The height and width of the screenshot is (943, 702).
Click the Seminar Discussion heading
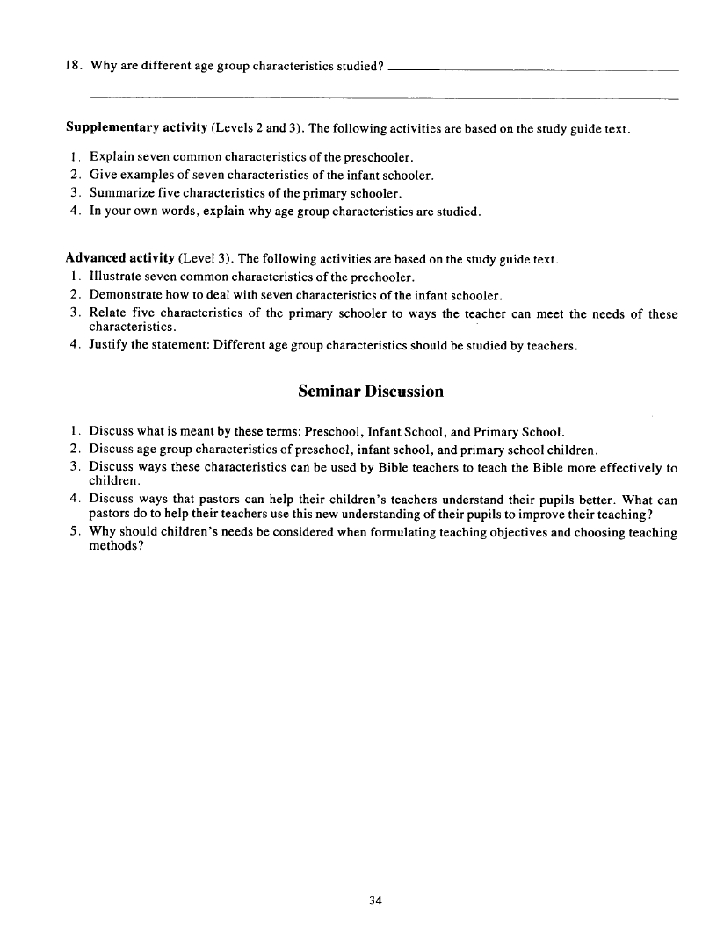coord(370,392)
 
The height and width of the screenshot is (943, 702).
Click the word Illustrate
coord(117,277)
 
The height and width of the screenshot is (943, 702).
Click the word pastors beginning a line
coord(110,515)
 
